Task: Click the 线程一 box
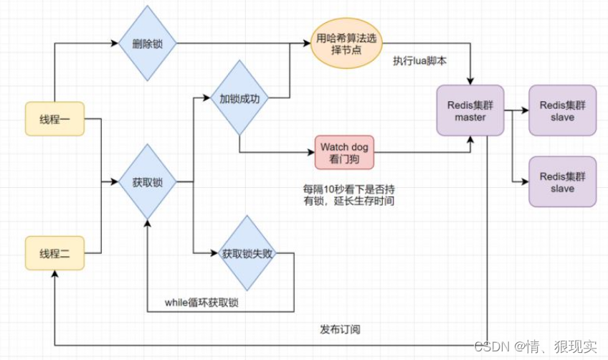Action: [x=54, y=119]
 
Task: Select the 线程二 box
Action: [x=54, y=253]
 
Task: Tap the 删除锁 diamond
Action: [x=147, y=44]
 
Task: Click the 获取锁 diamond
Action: [x=147, y=182]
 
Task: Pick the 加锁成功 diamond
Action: [x=239, y=98]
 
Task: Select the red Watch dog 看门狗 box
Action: [x=344, y=152]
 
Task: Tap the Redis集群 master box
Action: [x=470, y=111]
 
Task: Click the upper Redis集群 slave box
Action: [x=562, y=111]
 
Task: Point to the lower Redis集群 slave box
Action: [x=562, y=182]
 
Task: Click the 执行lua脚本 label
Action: [x=419, y=62]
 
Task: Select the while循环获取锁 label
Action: [x=201, y=303]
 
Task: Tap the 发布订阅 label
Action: [x=340, y=330]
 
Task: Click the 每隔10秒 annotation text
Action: [x=348, y=195]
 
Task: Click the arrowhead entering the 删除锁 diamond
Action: [x=115, y=44]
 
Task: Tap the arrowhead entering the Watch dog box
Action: [x=311, y=152]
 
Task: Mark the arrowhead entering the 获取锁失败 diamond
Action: [x=214, y=253]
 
